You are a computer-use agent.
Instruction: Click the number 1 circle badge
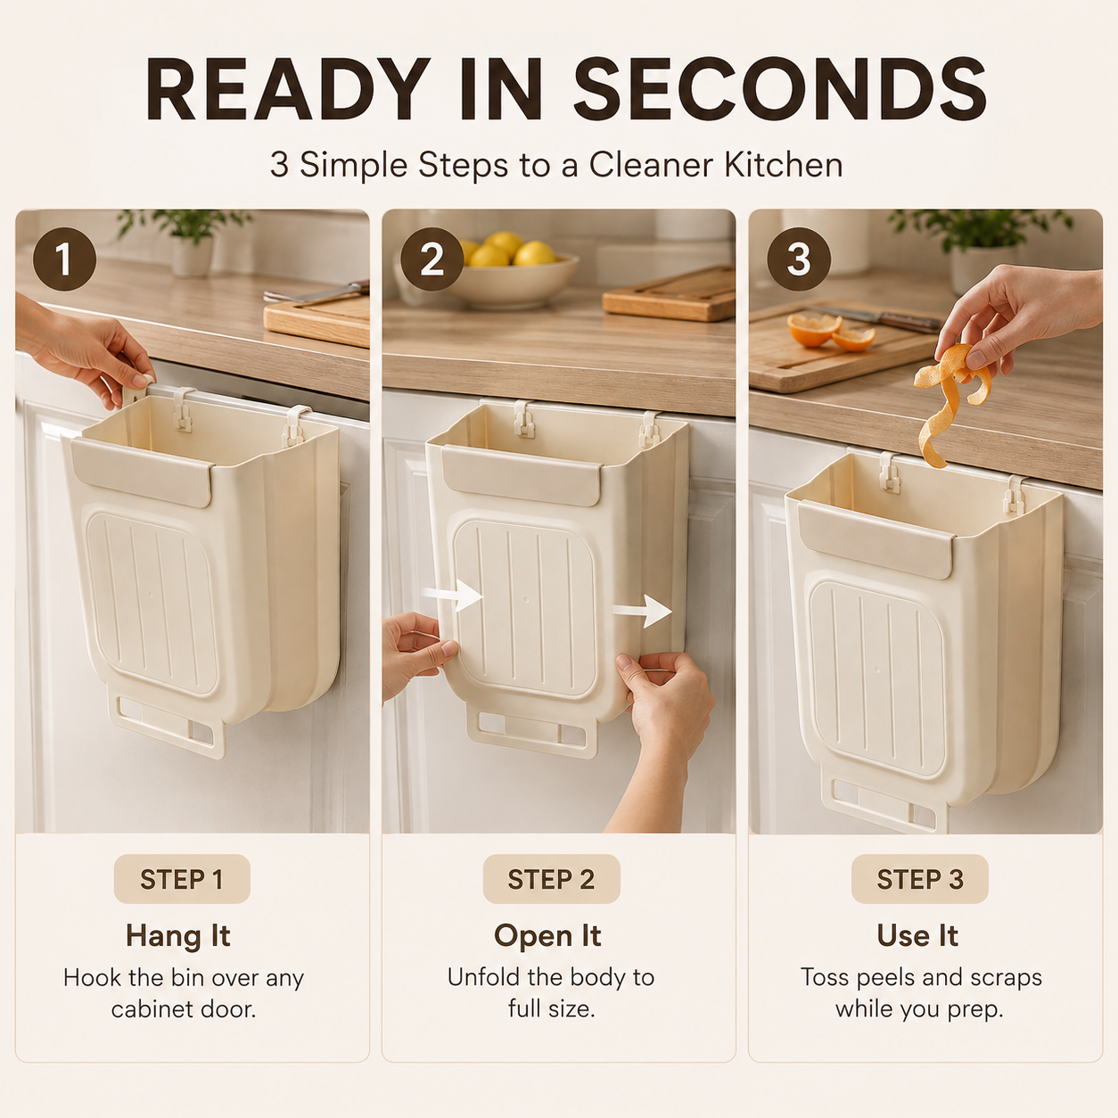(x=64, y=259)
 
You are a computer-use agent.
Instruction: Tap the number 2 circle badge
(x=432, y=259)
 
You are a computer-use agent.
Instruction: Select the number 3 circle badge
(x=799, y=259)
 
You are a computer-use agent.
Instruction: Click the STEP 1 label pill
(x=182, y=879)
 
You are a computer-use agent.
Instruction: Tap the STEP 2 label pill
(x=551, y=879)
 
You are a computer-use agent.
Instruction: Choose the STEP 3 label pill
(x=919, y=879)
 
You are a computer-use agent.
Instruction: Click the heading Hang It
(x=178, y=936)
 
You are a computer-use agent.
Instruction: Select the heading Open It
(x=547, y=936)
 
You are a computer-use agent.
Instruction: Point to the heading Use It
(x=917, y=936)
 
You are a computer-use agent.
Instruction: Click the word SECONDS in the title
(x=780, y=89)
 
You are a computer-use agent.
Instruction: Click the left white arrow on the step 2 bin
(x=452, y=596)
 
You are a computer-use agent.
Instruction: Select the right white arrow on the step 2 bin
(x=642, y=610)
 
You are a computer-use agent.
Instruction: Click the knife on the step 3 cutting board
(x=883, y=317)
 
